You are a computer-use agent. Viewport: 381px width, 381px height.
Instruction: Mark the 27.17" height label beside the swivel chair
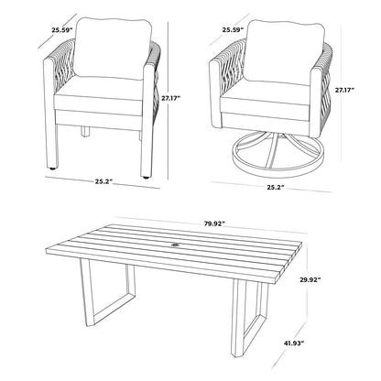(345, 91)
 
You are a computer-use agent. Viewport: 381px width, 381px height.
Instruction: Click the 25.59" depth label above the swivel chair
(234, 28)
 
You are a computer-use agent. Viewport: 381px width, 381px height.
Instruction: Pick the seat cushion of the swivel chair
(270, 99)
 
